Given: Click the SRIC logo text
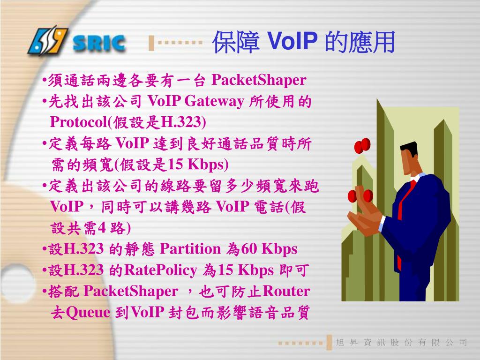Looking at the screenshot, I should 99,44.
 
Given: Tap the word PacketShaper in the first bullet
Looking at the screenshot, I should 259,80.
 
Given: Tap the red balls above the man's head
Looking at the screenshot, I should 362,146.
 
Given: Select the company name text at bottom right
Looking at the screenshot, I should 402,343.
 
